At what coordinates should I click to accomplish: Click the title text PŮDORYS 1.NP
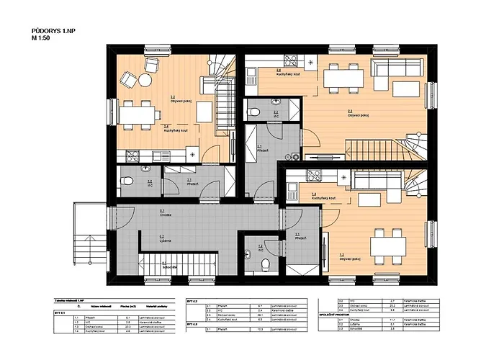click(x=51, y=31)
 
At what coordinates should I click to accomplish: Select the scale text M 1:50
click(x=42, y=38)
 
